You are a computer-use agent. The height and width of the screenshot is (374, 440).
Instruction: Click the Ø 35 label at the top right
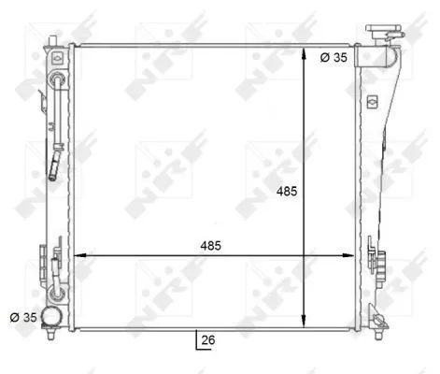(x=334, y=57)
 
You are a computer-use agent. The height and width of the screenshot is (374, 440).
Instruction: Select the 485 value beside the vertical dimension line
(x=286, y=192)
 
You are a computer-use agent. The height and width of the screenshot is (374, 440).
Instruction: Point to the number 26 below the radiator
(x=207, y=340)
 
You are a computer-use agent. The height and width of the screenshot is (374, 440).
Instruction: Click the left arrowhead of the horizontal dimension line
(x=78, y=254)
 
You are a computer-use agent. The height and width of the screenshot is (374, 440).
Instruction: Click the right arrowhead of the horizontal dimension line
(x=352, y=254)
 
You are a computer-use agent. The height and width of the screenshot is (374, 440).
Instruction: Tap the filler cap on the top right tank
(x=382, y=32)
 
